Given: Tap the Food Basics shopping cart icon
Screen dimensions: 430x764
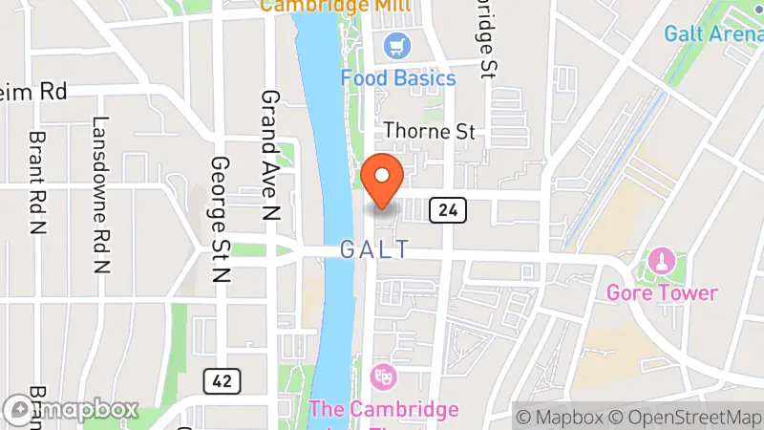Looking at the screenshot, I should pyautogui.click(x=394, y=45).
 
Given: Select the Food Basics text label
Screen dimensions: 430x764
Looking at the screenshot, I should pyautogui.click(x=398, y=78).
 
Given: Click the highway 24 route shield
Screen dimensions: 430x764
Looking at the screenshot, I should pyautogui.click(x=447, y=208).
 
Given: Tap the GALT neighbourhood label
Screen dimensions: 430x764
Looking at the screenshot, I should pyautogui.click(x=375, y=250).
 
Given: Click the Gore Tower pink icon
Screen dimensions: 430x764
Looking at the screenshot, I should pyautogui.click(x=661, y=260).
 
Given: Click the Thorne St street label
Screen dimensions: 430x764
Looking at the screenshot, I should pyautogui.click(x=429, y=132).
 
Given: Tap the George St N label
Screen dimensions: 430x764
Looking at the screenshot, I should pyautogui.click(x=221, y=220).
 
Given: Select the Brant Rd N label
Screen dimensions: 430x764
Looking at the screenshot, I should pyautogui.click(x=38, y=183).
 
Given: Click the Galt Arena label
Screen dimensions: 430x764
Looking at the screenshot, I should pyautogui.click(x=712, y=33).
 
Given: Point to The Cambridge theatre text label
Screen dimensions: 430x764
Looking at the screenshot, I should pyautogui.click(x=383, y=409).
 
